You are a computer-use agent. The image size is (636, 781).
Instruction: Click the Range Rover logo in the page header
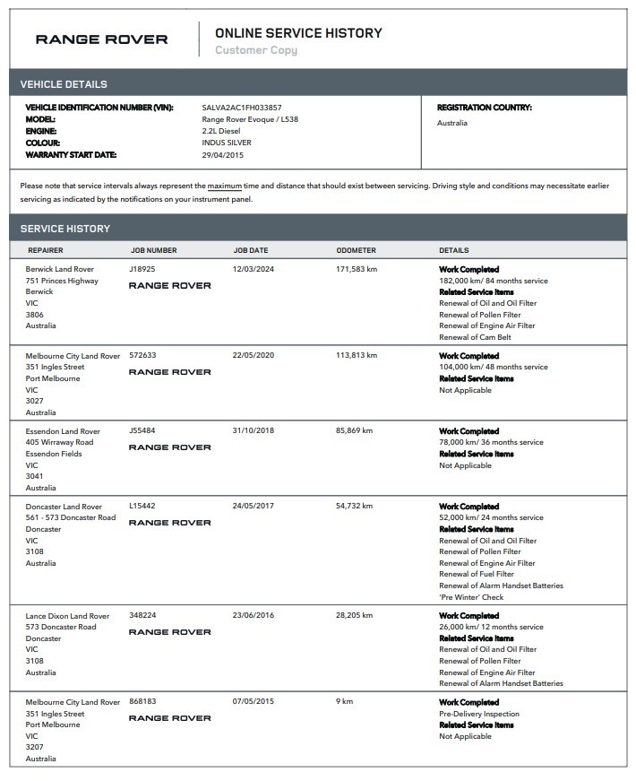[101, 39]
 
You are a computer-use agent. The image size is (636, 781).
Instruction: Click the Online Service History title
[298, 33]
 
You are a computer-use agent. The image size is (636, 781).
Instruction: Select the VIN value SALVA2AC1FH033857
[242, 108]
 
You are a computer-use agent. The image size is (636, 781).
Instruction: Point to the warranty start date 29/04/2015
[223, 155]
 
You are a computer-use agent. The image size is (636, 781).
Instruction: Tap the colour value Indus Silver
[227, 143]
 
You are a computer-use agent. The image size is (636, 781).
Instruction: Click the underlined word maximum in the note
[225, 186]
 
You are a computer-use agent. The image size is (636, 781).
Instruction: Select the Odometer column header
[356, 250]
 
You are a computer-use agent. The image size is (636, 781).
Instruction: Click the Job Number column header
[153, 250]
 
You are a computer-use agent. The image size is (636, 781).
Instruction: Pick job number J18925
[142, 269]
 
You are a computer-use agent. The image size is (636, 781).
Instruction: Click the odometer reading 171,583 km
[357, 269]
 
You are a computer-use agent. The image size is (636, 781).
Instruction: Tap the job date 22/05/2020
[254, 355]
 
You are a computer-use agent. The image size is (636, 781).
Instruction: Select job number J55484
[142, 431]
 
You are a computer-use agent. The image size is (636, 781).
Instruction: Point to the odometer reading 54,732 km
[355, 507]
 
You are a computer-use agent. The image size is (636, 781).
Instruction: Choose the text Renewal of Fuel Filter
[477, 574]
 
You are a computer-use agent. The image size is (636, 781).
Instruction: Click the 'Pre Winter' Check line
[471, 597]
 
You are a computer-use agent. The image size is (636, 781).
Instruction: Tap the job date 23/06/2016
[254, 616]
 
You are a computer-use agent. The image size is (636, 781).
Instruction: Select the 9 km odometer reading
[344, 702]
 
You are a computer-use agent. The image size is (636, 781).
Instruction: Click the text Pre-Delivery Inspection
[479, 714]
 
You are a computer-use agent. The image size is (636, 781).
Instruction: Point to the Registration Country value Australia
[452, 123]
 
